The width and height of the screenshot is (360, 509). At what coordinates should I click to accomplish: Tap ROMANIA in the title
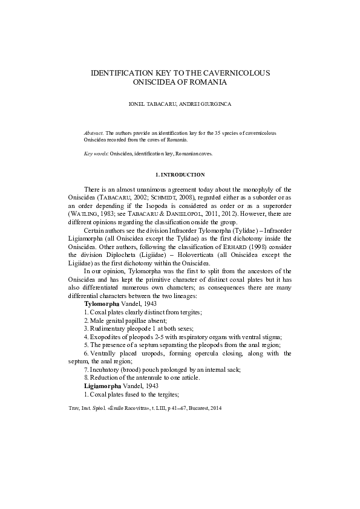208,82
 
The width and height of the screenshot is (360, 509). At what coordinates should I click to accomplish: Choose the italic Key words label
96,154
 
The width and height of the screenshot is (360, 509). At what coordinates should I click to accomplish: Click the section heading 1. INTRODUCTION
180,175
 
